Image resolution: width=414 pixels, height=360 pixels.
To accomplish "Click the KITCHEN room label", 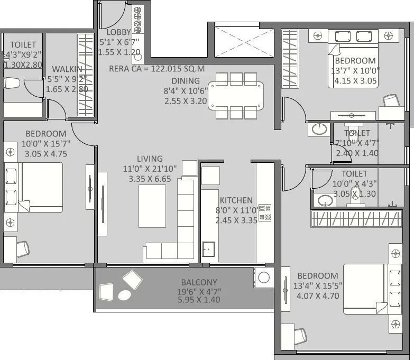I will coord(236,200).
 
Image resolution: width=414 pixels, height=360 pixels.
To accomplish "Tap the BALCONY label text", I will coord(199,282).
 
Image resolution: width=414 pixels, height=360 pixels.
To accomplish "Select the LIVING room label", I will coord(150,159).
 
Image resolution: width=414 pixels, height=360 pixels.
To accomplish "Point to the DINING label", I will coord(185,81).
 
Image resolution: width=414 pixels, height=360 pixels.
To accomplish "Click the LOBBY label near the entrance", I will coord(118,32).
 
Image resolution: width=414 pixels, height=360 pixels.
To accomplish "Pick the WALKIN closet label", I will coord(67,69).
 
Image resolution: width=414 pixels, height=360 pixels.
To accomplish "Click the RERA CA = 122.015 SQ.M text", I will coord(157,68).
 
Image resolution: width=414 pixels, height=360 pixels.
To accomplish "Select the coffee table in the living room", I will coord(152,206).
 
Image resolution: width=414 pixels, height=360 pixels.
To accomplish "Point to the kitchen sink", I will coord(207,248).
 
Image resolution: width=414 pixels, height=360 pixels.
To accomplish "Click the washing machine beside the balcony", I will coord(263,277).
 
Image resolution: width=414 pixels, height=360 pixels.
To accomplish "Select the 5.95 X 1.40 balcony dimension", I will coord(199,300).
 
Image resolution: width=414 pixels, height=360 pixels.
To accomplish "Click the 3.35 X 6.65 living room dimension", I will coord(150,179).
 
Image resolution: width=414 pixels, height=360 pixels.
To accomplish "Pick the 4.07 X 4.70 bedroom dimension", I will coord(317,296).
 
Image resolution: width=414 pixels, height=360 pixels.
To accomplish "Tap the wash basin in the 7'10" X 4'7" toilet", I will coord(319,129).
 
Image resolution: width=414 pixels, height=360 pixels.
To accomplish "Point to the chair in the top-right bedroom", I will coord(391,101).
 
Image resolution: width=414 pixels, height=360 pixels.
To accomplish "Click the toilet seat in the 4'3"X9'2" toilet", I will coord(11,84).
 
